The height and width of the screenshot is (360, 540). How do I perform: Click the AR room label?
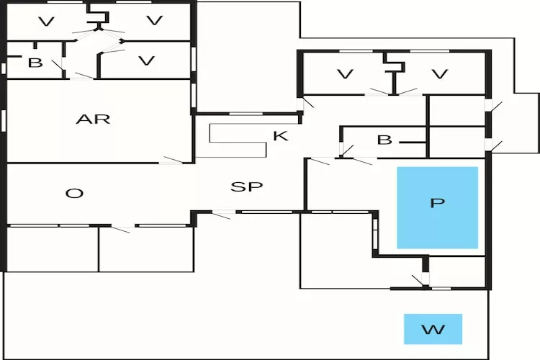pos(94,119)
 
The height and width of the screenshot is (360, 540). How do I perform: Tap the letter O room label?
pos(74,193)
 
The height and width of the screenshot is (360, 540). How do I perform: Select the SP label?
pos(246,186)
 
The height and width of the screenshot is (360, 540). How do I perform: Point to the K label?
pos(280,135)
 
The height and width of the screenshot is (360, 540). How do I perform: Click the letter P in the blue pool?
pos(437,203)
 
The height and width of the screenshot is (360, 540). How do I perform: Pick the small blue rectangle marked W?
pos(433,329)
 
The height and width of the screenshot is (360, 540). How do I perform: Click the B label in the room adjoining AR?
pos(35,63)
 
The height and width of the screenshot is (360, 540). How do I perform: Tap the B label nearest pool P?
pos(384,140)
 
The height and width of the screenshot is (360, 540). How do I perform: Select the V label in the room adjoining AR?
pos(146,60)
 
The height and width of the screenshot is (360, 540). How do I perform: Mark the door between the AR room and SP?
pos(171,160)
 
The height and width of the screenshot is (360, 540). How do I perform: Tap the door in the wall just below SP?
pos(223,214)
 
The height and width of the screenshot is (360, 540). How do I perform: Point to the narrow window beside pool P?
pos(374,233)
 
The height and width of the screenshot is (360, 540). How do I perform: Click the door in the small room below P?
pos(418,279)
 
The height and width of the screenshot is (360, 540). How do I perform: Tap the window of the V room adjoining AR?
pos(193,58)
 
